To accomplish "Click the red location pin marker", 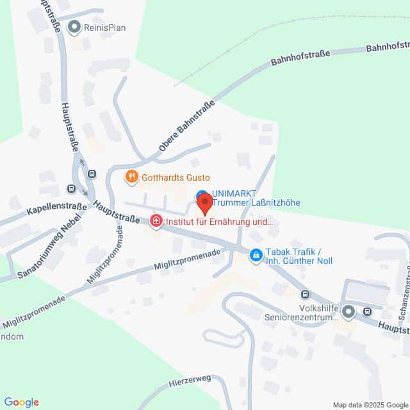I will coord(204,204).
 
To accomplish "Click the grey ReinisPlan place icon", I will coord(76,27).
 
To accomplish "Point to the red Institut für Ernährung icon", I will coord(156,222).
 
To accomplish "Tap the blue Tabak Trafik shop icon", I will coord(256,256).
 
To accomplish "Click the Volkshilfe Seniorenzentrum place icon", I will coord(348,313).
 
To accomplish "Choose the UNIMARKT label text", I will coord(233,193).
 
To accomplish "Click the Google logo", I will coord(20,402).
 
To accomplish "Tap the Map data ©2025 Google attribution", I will coord(370,404).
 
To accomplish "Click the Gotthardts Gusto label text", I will coord(176,177).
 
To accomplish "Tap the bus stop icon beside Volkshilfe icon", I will coord(367,312).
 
